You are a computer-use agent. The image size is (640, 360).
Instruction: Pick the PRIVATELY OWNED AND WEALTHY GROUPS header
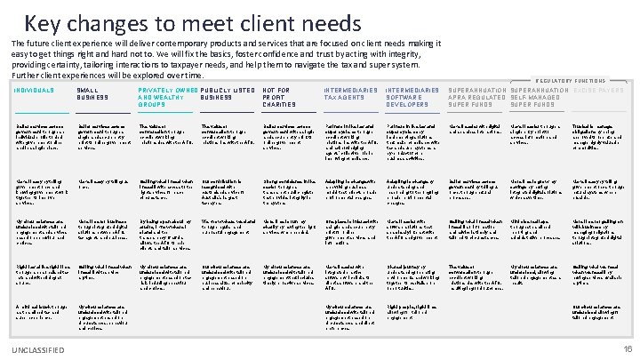point(166,97)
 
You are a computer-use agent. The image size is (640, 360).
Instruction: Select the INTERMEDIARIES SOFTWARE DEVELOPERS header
point(412,97)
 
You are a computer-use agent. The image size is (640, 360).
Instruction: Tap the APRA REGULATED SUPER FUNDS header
point(478,97)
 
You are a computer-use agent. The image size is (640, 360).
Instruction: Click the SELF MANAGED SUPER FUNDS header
point(540,97)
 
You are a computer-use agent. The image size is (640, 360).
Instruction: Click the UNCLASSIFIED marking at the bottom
point(37,349)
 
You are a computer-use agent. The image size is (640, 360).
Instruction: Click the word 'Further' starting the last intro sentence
point(27,76)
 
